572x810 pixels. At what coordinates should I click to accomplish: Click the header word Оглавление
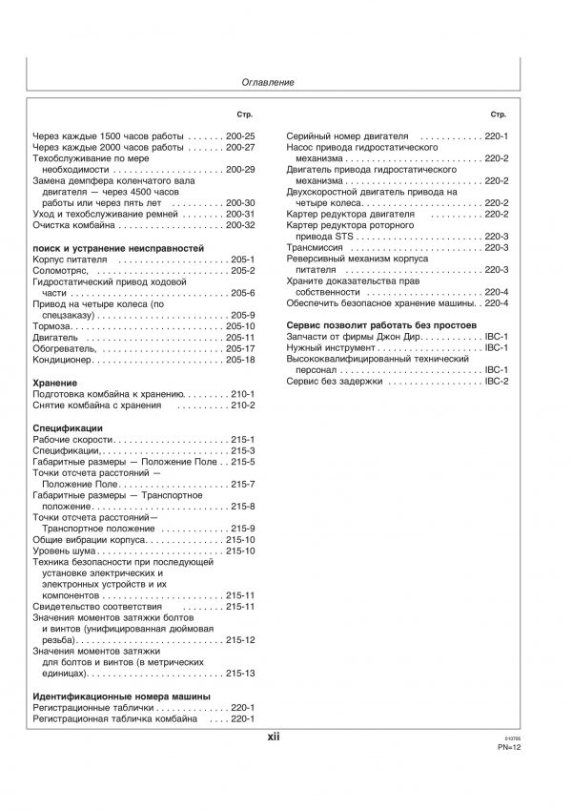pos(267,83)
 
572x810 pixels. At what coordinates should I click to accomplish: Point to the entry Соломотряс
pos(63,270)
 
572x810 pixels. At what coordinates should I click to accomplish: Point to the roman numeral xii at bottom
pos(273,737)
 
